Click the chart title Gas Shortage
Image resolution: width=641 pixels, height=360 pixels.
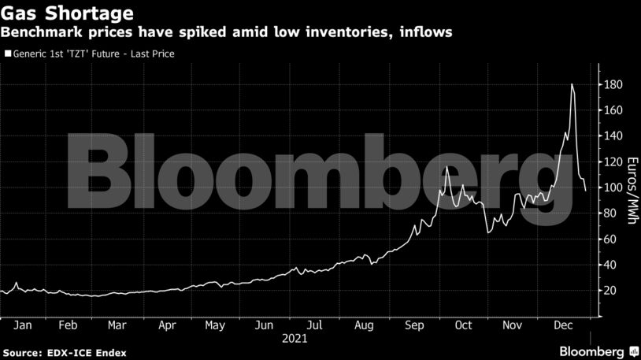point(66,13)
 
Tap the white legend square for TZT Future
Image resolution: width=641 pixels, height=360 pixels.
point(9,54)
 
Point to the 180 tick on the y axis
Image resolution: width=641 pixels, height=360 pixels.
point(613,85)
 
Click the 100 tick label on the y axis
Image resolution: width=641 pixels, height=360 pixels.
point(613,187)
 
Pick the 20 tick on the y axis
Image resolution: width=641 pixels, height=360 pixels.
point(610,291)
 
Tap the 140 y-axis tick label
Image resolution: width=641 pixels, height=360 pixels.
point(613,136)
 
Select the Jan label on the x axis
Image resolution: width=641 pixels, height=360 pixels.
point(23,325)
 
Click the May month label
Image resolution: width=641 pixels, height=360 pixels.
point(215,325)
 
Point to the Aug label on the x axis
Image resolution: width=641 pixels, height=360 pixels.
point(363,325)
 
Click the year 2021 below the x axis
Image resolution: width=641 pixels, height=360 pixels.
point(295,339)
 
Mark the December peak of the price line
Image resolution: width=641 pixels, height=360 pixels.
point(572,84)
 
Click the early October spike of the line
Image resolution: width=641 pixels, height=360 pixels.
point(446,167)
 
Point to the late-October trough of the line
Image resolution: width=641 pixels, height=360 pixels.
point(488,232)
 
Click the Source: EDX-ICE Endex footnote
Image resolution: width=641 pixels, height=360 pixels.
point(65,351)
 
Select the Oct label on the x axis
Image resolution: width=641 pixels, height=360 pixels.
point(463,325)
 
